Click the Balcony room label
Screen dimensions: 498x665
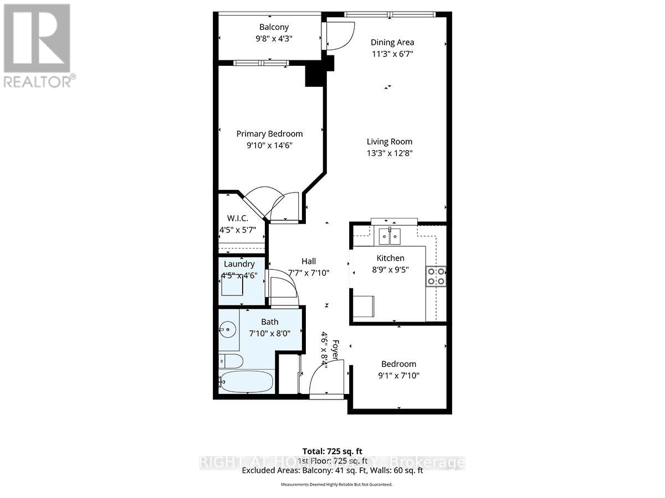pyautogui.click(x=274, y=27)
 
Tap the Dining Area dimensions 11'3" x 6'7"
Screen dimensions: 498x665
pyautogui.click(x=392, y=54)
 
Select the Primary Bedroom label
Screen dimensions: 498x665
pyautogui.click(x=269, y=133)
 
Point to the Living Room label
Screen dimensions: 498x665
pyautogui.click(x=390, y=142)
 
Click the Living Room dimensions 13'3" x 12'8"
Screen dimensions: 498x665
pyautogui.click(x=390, y=153)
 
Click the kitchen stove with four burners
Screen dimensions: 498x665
pyautogui.click(x=436, y=276)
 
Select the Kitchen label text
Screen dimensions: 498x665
pyautogui.click(x=391, y=258)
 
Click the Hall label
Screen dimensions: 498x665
pyautogui.click(x=309, y=261)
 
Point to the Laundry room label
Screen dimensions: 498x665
pyautogui.click(x=239, y=264)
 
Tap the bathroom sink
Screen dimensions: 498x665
pyautogui.click(x=227, y=330)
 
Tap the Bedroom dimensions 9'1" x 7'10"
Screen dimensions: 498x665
pyautogui.click(x=398, y=376)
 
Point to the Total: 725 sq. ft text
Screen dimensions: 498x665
pyautogui.click(x=332, y=451)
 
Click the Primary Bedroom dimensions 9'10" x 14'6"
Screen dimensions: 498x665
pyautogui.click(x=269, y=146)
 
